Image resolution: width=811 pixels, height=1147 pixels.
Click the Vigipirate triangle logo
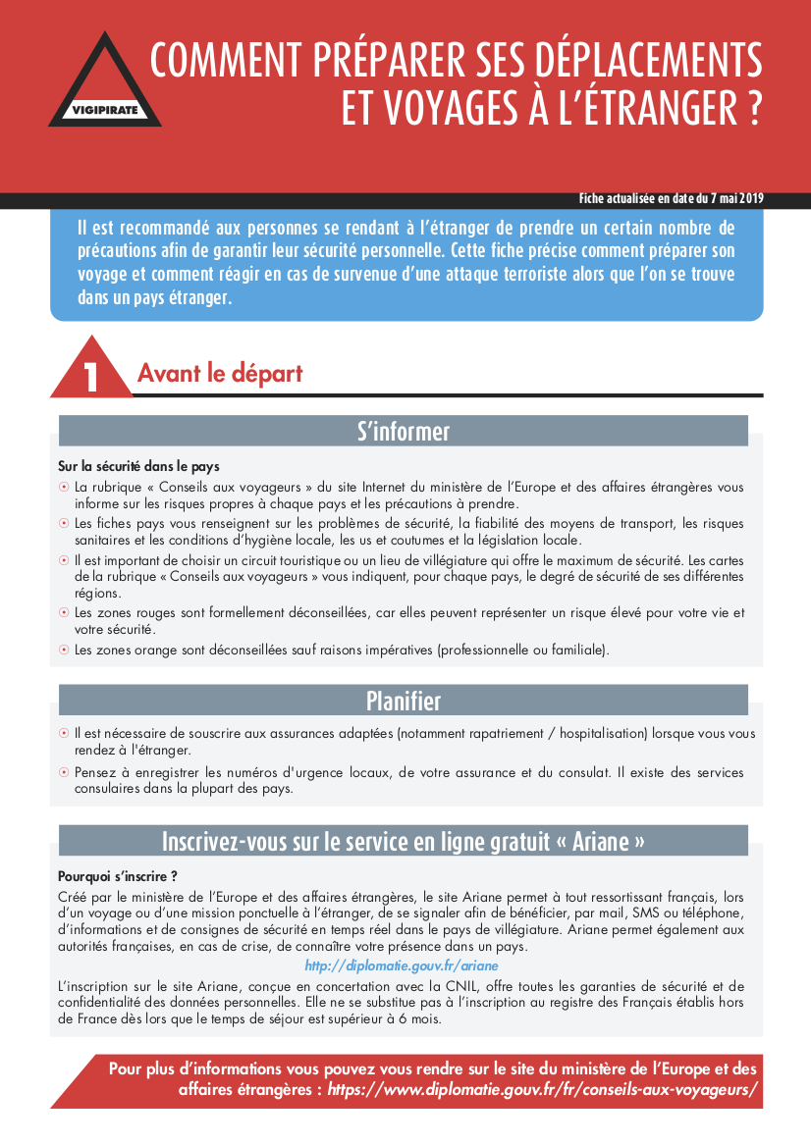pyautogui.click(x=105, y=82)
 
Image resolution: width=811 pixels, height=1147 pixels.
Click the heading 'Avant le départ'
pyautogui.click(x=220, y=374)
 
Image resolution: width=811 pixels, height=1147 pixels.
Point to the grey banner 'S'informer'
pyautogui.click(x=404, y=432)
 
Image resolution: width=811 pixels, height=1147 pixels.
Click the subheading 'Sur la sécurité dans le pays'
pyautogui.click(x=138, y=466)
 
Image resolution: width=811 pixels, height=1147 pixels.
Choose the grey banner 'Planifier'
pyautogui.click(x=404, y=701)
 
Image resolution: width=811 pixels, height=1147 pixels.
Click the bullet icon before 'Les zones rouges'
pyautogui.click(x=64, y=613)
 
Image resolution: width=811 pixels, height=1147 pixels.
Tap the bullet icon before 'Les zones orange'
pyautogui.click(x=64, y=650)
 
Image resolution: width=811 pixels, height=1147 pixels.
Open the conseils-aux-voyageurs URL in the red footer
pyautogui.click(x=543, y=1089)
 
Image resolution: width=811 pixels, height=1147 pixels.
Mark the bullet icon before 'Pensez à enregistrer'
pyautogui.click(x=64, y=773)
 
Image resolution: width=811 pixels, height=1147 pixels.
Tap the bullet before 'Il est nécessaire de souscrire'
pyautogui.click(x=64, y=734)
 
